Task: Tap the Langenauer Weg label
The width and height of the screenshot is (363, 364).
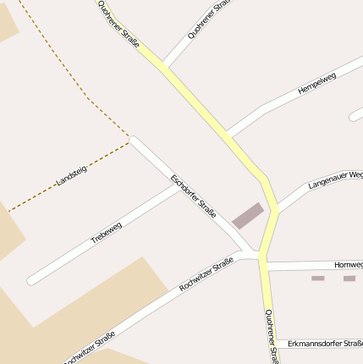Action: [x=335, y=179]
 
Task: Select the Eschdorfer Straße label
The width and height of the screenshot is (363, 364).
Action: [x=194, y=196]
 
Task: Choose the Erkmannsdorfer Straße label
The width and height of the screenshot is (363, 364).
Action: [x=326, y=344]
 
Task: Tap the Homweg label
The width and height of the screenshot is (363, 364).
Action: [x=348, y=265]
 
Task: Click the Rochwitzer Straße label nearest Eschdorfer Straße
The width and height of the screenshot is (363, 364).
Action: [x=206, y=276]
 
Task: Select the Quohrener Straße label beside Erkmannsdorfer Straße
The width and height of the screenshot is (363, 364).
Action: [x=270, y=335]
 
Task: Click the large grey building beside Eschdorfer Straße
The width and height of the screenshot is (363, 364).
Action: [x=248, y=216]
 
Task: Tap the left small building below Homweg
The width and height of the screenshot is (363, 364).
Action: [x=318, y=279]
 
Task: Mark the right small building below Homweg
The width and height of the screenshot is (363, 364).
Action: [x=349, y=279]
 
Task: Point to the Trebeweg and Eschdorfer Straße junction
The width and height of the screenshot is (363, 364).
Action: [x=179, y=187]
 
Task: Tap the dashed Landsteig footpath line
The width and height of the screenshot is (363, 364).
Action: [x=51, y=188]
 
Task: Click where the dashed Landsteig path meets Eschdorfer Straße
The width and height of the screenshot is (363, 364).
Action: [x=132, y=140]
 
